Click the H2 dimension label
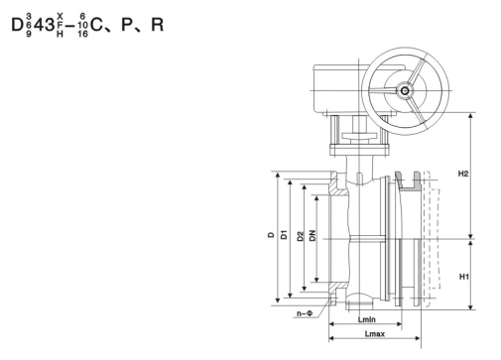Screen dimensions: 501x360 [463, 174]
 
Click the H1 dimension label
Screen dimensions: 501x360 [464, 277]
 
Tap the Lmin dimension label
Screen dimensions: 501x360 [367, 319]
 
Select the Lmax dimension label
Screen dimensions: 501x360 [375, 334]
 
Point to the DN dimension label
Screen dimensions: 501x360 [313, 235]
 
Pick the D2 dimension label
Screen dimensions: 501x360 [300, 236]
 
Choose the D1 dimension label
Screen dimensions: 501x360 [284, 234]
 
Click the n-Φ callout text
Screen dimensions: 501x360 [305, 313]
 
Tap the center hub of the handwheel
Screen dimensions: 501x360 [405, 90]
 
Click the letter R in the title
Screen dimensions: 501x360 [158, 25]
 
